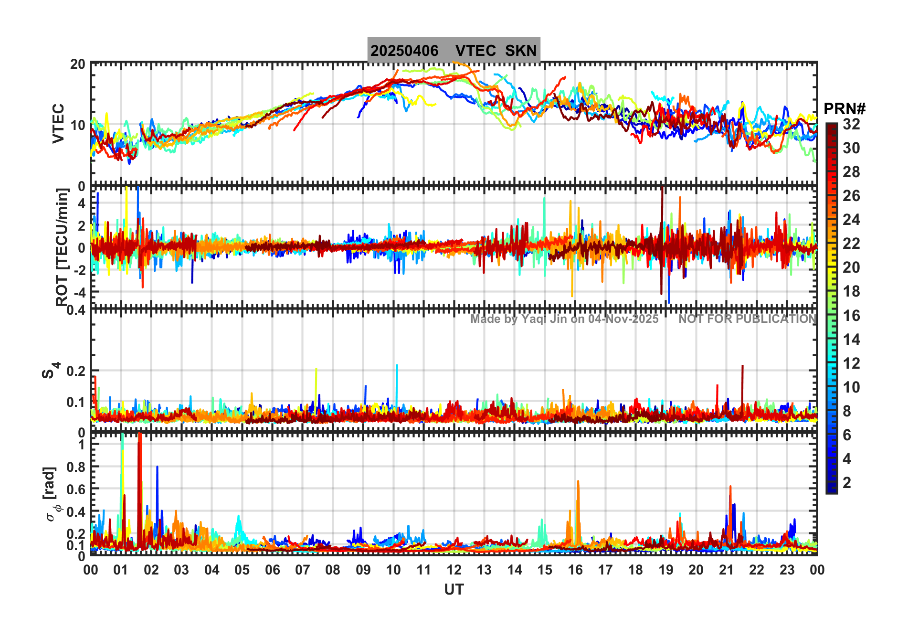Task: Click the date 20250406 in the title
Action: pos(404,51)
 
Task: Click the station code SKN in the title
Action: pos(521,51)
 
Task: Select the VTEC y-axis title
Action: pos(58,123)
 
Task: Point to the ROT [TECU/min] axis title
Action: pos(62,247)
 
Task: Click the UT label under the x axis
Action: pos(454,590)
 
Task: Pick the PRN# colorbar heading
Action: pos(845,109)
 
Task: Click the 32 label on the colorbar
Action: pos(851,124)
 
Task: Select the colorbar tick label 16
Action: pos(851,316)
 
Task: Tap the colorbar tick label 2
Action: pos(847,483)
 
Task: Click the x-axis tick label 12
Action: pos(454,570)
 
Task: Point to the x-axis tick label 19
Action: pos(666,570)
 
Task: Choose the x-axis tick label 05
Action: pos(242,570)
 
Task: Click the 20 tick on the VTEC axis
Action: pos(78,64)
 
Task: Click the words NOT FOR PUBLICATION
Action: pos(748,319)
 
